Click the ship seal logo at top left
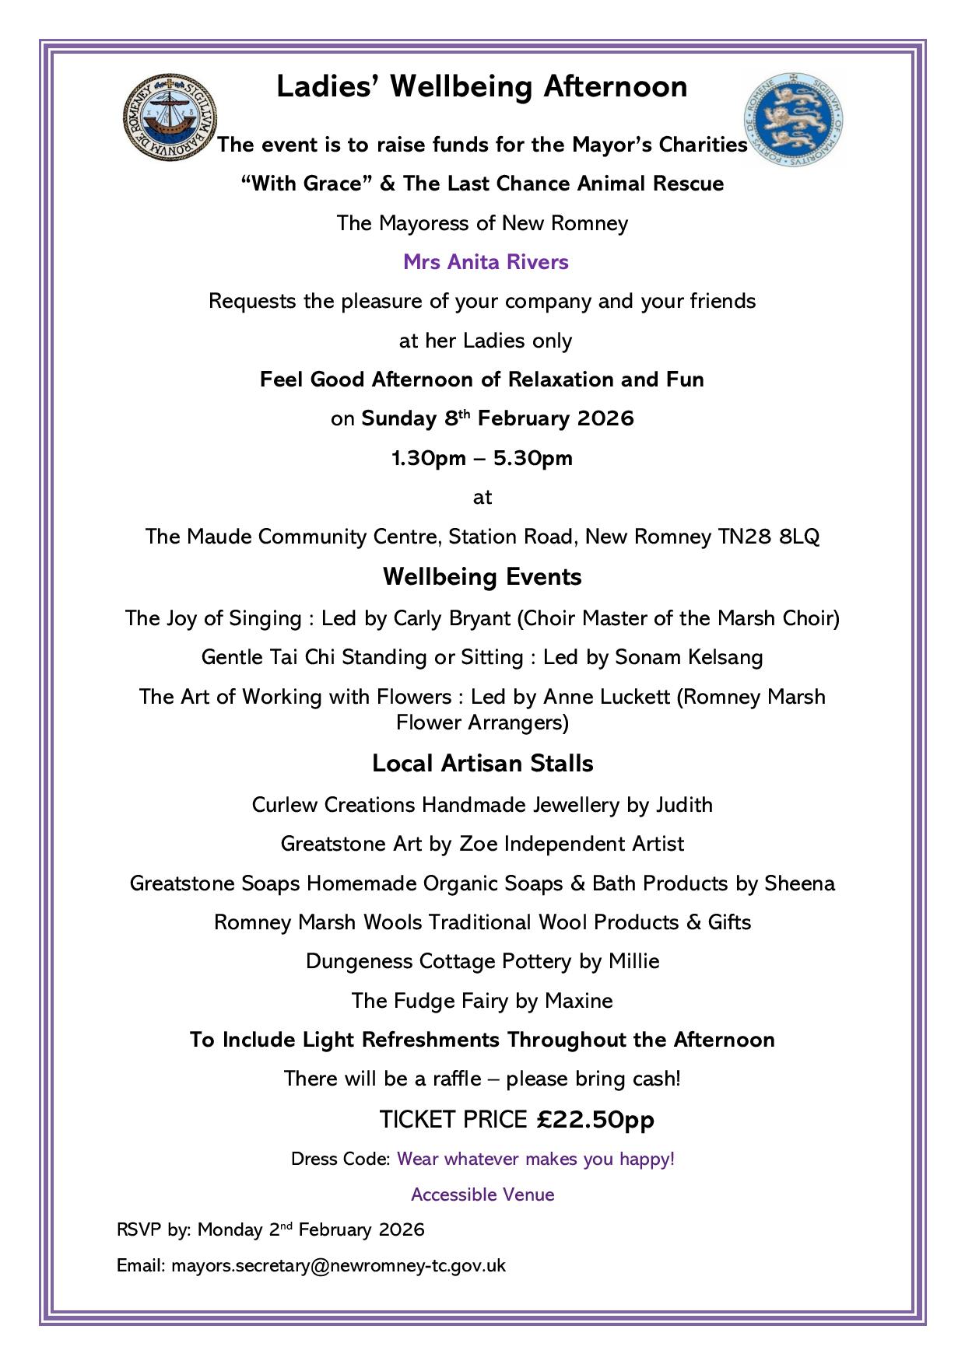click(170, 117)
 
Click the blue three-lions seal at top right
click(793, 118)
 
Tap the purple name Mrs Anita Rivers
click(486, 262)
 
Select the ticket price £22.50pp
click(595, 1120)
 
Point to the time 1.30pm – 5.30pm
click(482, 458)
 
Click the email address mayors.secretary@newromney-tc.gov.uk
click(339, 1265)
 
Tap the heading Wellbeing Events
click(482, 577)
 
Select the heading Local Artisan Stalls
click(482, 764)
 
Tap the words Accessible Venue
click(482, 1194)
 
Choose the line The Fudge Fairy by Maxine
click(482, 1001)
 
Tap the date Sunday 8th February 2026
click(498, 418)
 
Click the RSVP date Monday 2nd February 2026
click(311, 1229)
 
